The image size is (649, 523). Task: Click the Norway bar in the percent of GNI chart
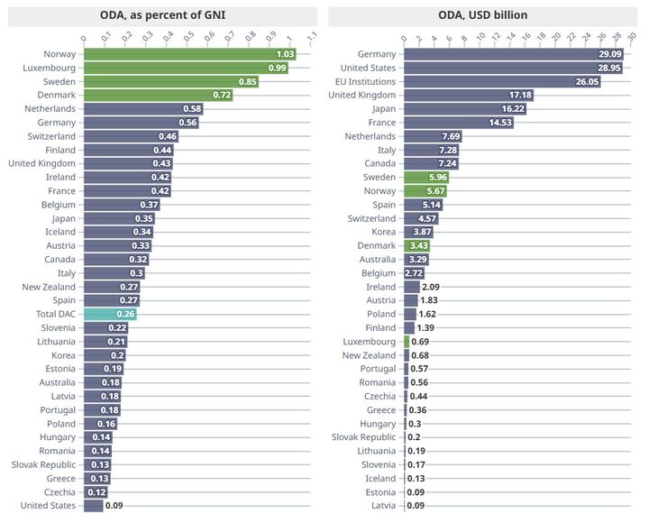tap(189, 54)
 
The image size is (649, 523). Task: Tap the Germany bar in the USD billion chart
tap(515, 54)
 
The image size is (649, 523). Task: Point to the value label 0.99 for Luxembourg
tap(276, 68)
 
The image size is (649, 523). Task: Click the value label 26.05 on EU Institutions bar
tap(587, 81)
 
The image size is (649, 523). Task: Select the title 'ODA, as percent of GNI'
tap(162, 15)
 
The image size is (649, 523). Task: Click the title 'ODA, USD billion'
tap(484, 15)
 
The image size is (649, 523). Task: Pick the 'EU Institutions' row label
tap(362, 81)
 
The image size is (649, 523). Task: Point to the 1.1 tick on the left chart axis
tap(311, 38)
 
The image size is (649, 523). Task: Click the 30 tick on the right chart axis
tap(633, 38)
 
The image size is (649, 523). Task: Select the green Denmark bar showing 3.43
tap(416, 245)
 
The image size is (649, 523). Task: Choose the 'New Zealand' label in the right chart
tap(367, 355)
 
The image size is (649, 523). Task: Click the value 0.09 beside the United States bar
tap(114, 506)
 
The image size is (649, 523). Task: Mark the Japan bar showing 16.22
tap(465, 109)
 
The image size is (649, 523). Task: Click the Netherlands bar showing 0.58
tap(143, 108)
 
